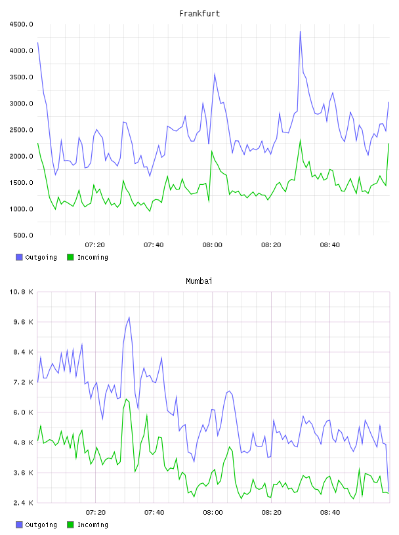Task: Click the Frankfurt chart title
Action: click(x=199, y=14)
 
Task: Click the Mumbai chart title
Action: click(x=199, y=281)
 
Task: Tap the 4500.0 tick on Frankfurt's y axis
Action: click(x=21, y=24)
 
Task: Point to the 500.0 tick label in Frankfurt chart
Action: click(x=23, y=235)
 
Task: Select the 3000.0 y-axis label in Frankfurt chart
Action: click(x=21, y=104)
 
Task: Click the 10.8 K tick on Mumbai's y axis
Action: click(x=21, y=292)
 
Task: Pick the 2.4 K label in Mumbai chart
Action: click(x=23, y=503)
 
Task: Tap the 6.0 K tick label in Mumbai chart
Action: click(x=23, y=412)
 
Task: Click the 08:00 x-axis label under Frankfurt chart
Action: click(x=212, y=245)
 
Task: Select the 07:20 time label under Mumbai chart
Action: click(x=95, y=513)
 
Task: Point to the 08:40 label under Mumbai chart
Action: click(x=330, y=513)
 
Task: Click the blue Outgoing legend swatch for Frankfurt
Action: click(x=19, y=257)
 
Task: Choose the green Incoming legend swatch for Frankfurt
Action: click(x=70, y=257)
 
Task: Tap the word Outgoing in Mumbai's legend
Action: click(x=41, y=525)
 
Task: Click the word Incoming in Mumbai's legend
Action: click(x=93, y=525)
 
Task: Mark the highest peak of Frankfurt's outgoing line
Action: click(x=301, y=31)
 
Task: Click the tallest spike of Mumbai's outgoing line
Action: click(x=129, y=317)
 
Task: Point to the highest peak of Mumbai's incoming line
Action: click(x=127, y=399)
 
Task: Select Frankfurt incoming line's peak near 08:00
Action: click(x=212, y=151)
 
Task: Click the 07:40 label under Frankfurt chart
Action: click(x=154, y=245)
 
